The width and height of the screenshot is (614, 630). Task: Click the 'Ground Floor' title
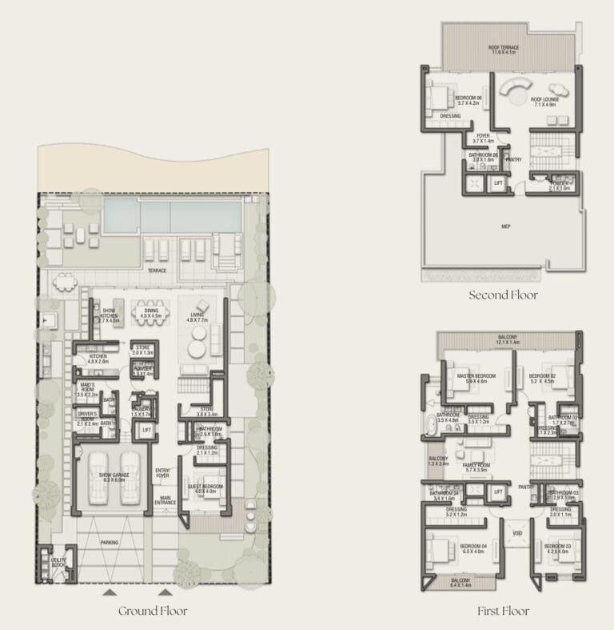[x=153, y=611]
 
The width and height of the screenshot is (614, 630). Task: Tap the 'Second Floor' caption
[x=503, y=295]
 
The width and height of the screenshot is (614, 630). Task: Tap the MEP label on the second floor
[x=505, y=226]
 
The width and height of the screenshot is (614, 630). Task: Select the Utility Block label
[x=58, y=563]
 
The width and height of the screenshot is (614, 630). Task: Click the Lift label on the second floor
[x=498, y=183]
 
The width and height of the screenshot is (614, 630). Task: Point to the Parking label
[x=110, y=542]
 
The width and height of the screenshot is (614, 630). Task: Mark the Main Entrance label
[x=165, y=501]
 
